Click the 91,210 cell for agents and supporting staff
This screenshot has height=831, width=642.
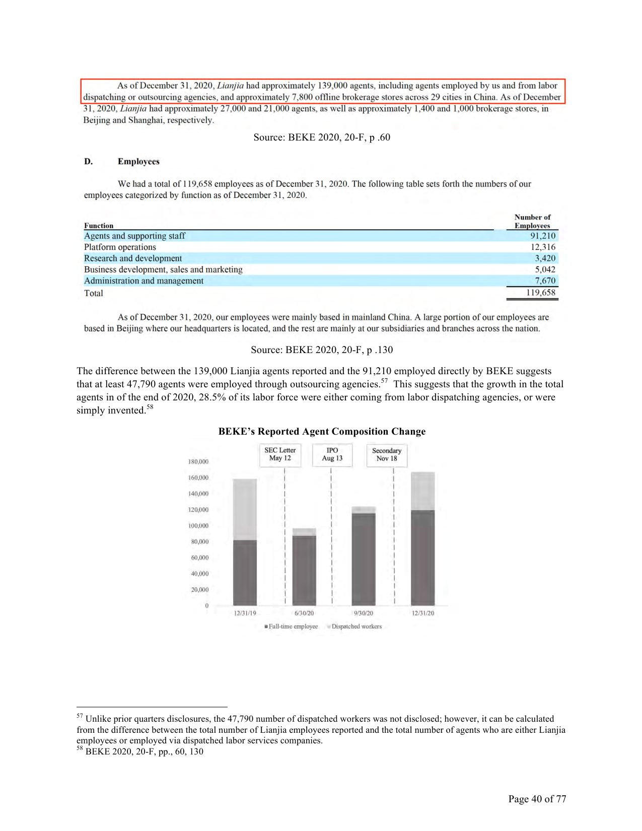542,236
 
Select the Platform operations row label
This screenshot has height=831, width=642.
120,247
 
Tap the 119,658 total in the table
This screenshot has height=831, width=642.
540,293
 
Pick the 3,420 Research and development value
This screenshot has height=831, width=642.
545,258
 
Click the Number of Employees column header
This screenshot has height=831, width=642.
532,222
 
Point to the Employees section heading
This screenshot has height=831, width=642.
138,162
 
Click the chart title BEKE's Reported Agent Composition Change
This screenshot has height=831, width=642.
322,432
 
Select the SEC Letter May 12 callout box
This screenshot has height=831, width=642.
280,454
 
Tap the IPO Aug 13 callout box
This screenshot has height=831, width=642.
332,454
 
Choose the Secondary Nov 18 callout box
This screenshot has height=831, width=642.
386,455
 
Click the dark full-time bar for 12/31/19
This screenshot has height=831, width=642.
245,573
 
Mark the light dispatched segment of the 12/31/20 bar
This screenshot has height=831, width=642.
422,491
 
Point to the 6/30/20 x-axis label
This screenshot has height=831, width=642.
304,613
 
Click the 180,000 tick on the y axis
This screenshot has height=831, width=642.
198,462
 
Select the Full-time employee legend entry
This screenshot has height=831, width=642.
293,627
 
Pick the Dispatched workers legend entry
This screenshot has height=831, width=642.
356,627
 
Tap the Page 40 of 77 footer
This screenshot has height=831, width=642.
537,799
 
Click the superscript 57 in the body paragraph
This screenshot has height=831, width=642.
384,381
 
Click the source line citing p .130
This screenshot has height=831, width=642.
322,350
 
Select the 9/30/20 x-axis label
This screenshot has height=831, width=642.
363,613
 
